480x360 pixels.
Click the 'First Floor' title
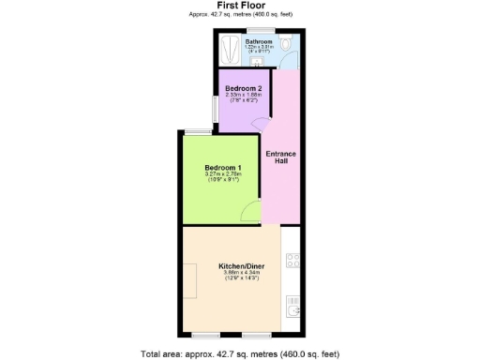point(240,6)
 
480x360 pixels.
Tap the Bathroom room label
point(259,42)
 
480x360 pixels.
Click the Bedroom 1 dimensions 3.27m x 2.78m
point(223,175)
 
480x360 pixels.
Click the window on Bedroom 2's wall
point(216,109)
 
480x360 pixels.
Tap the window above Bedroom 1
point(197,131)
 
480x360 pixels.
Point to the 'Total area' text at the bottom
point(240,352)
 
